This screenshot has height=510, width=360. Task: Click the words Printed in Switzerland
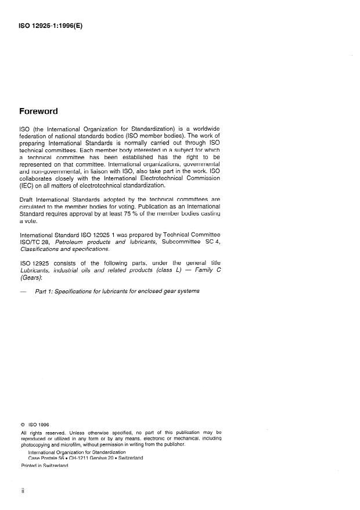coord(45,466)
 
